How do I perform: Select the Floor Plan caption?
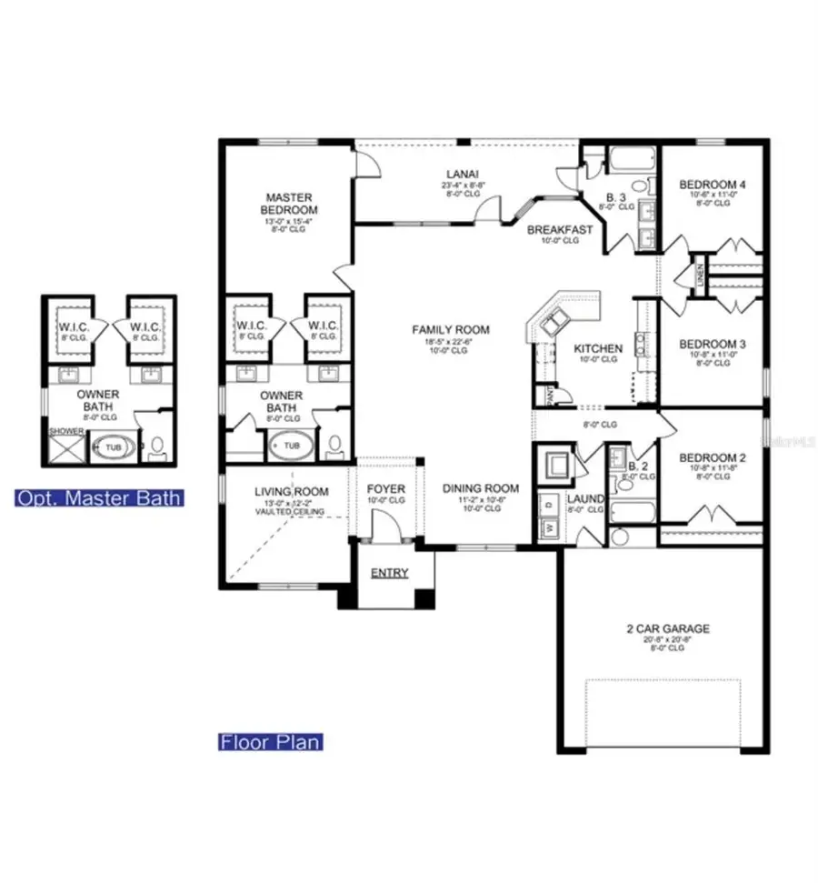tap(270, 742)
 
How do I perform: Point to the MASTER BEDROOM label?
tap(289, 204)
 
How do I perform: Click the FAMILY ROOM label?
tap(451, 329)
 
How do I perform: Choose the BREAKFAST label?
tap(560, 230)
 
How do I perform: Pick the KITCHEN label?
tap(597, 348)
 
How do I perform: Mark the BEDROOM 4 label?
tap(713, 186)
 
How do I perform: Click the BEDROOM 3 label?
tap(713, 344)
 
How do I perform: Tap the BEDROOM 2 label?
tap(713, 457)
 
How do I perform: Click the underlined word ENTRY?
tap(388, 573)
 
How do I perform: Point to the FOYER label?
tap(385, 489)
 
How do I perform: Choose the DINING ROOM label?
tap(480, 488)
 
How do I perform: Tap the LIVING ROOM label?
tap(291, 492)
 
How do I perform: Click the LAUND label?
tap(585, 499)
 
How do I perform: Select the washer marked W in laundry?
tap(549, 527)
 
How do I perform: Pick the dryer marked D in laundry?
tap(549, 503)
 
